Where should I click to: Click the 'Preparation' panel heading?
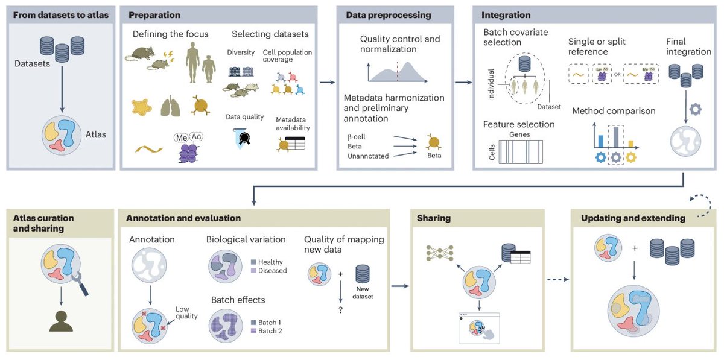153,14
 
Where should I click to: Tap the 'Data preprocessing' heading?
388,14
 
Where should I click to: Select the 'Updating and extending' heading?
633,218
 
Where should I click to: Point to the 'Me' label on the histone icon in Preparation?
182,137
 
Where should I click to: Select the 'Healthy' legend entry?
270,262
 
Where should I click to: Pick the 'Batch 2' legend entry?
271,331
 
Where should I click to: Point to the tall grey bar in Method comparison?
615,137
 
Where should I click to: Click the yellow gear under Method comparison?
631,158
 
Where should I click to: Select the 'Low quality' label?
186,312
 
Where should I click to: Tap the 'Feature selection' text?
518,124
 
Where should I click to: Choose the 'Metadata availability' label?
293,124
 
